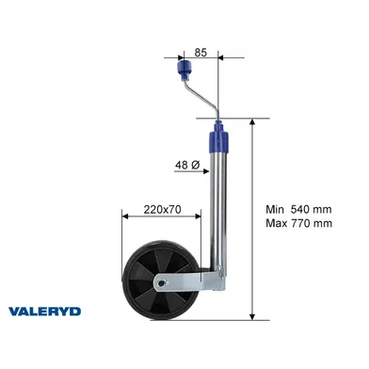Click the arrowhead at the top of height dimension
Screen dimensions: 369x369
pos(251,122)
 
